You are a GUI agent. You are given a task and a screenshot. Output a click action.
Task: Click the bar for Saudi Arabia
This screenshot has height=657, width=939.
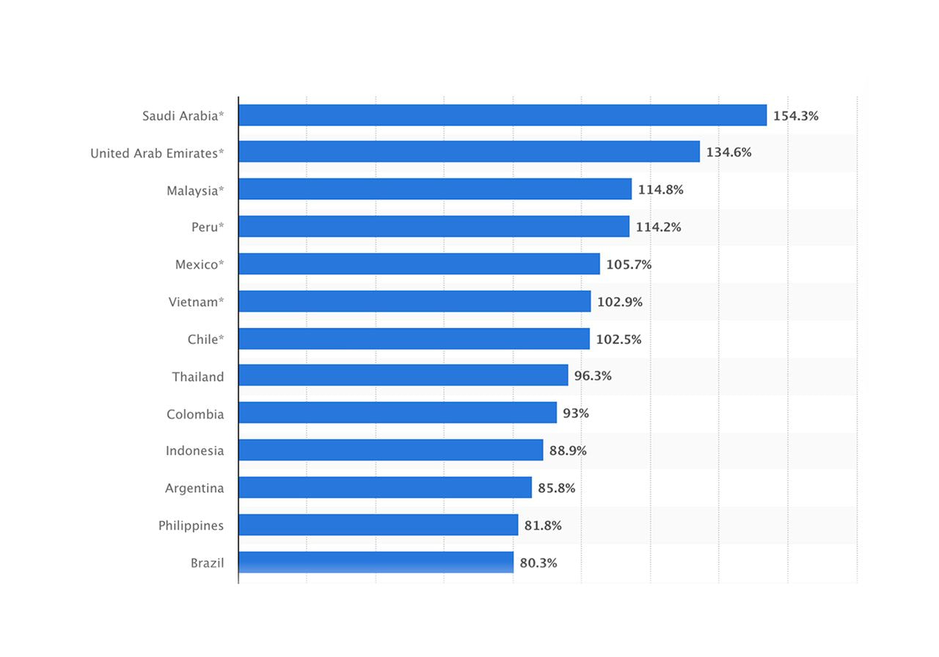point(503,115)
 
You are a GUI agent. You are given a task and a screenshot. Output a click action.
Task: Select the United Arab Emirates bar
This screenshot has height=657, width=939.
point(469,152)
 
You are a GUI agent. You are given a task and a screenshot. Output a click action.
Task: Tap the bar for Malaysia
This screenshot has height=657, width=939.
point(435,189)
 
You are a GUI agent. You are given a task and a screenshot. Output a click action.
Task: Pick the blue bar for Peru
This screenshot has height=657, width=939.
point(434,227)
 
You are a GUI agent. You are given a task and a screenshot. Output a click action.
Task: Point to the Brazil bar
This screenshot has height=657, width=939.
point(376,562)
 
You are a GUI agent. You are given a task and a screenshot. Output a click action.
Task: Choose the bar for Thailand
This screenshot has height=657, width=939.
point(403,375)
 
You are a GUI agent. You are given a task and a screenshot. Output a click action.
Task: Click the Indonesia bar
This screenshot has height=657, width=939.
point(390,450)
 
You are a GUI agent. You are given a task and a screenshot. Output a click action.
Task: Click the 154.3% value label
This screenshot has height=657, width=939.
point(795,116)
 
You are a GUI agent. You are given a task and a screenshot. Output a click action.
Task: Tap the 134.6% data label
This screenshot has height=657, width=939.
point(728,153)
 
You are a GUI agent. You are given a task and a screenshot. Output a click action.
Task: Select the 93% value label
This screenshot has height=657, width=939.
point(576,414)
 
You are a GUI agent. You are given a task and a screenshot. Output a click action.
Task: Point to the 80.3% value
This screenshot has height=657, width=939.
point(538,563)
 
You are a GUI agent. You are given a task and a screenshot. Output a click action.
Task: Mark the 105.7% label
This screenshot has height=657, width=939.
point(629,265)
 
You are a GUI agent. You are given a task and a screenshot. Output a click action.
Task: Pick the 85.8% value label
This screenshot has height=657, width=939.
point(556,488)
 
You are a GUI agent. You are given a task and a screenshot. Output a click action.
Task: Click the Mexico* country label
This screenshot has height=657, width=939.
point(200,265)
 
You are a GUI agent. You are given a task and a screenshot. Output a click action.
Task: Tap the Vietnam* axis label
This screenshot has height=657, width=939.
point(196,302)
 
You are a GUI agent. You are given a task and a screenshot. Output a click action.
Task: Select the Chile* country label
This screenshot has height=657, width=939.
point(205,339)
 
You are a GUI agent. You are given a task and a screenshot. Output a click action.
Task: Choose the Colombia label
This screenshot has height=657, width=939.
point(195,414)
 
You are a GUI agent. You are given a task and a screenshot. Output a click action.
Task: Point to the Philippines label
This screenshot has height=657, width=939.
point(191,526)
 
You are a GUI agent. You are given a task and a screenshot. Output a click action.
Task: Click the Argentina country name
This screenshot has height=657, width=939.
point(194,488)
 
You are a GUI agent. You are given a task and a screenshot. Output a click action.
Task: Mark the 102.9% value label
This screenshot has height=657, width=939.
point(619,302)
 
